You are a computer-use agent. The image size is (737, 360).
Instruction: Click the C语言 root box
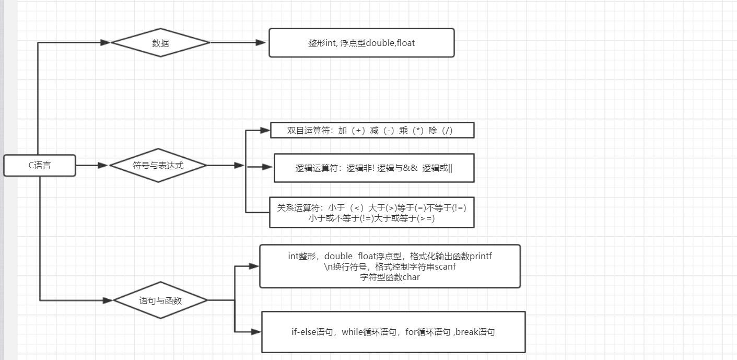click(x=40, y=166)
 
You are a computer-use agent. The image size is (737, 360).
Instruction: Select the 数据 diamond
click(x=160, y=43)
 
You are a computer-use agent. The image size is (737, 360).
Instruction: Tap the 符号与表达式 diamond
click(x=158, y=166)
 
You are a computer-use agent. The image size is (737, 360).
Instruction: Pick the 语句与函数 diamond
click(x=160, y=300)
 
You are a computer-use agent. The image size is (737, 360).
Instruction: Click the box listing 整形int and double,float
click(x=361, y=43)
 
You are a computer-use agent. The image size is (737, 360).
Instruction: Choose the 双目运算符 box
click(x=372, y=131)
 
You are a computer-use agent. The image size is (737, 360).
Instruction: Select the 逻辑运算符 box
click(x=374, y=168)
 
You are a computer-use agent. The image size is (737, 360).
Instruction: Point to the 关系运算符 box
click(x=371, y=213)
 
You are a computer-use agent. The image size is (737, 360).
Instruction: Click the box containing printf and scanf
click(x=390, y=266)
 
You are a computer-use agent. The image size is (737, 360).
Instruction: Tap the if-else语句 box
click(x=393, y=332)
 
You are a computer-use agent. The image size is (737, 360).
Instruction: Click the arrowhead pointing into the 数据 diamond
click(x=105, y=43)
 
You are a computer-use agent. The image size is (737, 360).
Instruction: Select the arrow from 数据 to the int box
click(x=238, y=43)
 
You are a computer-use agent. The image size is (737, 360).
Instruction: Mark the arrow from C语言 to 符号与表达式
click(x=92, y=166)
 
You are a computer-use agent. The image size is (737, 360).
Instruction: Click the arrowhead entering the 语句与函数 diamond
click(x=108, y=300)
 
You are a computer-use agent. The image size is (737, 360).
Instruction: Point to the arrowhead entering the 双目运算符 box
click(x=265, y=130)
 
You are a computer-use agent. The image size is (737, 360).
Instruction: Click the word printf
click(x=481, y=256)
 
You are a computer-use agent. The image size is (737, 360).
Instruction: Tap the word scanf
click(x=446, y=266)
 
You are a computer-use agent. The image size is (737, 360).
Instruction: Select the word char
click(x=411, y=277)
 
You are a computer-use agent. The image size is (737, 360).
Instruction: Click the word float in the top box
click(x=405, y=43)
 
